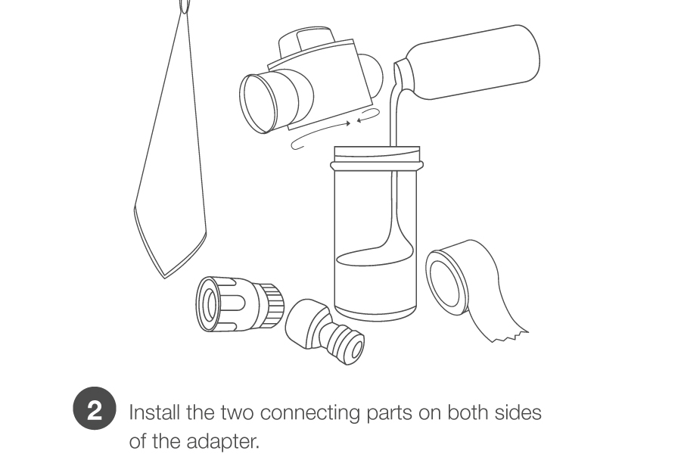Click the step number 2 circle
(95, 409)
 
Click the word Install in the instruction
(154, 412)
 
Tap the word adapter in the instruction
(222, 442)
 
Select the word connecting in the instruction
(309, 413)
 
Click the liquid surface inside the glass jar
(375, 257)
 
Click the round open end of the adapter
(258, 104)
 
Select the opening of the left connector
(210, 304)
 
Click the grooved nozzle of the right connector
(343, 340)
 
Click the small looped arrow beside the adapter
(368, 115)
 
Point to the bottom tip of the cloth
(164, 277)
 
